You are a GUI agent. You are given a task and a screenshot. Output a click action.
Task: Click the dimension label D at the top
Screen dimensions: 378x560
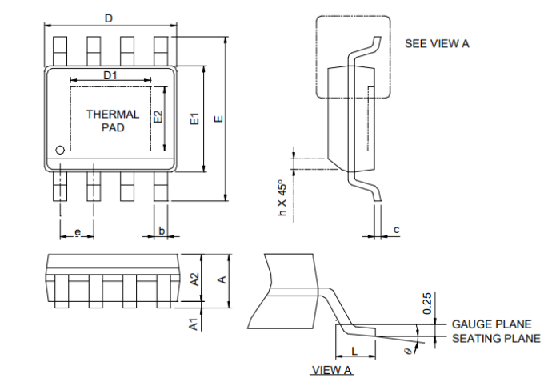[x=110, y=18]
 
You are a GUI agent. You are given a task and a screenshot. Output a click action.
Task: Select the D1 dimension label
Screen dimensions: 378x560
[x=111, y=74]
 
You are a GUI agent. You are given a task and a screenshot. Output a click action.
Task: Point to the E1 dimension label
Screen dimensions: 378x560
[x=193, y=119]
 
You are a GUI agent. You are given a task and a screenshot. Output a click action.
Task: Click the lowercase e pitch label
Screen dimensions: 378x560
[x=78, y=231]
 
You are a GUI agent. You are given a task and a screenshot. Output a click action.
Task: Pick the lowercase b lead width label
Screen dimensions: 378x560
[x=162, y=231]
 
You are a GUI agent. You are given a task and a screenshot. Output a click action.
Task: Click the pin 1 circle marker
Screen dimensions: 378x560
[x=59, y=150]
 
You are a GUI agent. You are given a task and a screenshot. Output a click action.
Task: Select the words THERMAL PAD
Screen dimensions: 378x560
[x=113, y=120]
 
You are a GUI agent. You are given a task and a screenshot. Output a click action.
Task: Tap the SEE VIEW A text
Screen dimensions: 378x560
[x=437, y=43]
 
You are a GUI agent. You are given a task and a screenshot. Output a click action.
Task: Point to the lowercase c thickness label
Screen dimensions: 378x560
[x=396, y=231]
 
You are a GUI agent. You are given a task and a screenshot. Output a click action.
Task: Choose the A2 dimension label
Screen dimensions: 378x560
[x=194, y=279]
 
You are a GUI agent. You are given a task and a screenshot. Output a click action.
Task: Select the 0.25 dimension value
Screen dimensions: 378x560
[x=427, y=304]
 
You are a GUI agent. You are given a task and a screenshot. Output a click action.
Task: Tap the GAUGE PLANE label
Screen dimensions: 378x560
[x=491, y=324]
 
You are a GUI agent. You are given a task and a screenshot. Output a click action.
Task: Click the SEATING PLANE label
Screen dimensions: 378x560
[x=496, y=339]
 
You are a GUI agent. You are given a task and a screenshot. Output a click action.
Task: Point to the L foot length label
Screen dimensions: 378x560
[x=354, y=351]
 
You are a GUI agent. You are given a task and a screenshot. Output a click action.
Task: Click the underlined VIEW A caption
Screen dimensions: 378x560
[x=331, y=370]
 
